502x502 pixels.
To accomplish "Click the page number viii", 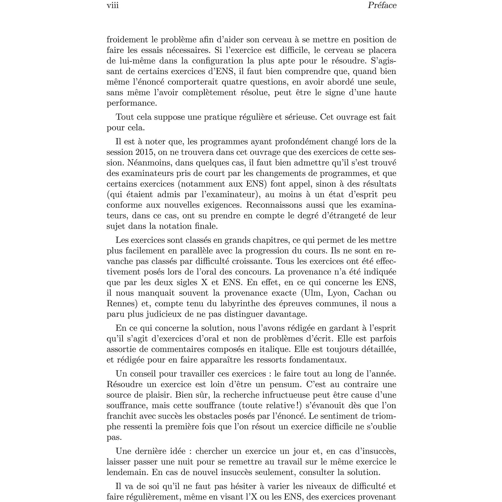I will click(113, 6).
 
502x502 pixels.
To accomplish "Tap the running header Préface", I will click(382, 6).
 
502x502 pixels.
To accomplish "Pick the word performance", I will click(131, 103).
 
